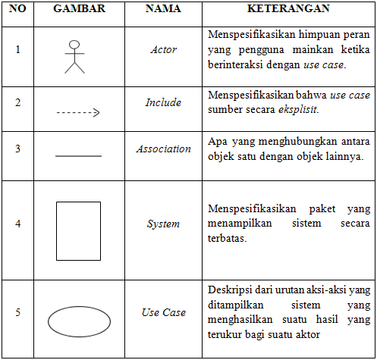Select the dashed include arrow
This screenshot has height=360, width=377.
78,113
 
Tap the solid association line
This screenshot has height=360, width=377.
78,156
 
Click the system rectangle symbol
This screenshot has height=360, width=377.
78,230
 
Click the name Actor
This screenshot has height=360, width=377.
163,50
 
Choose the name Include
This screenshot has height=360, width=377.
163,102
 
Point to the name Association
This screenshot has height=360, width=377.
163,149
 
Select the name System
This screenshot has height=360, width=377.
163,224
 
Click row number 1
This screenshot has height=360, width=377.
18,50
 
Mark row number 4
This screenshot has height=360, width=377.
18,224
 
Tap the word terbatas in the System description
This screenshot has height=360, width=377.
228,237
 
